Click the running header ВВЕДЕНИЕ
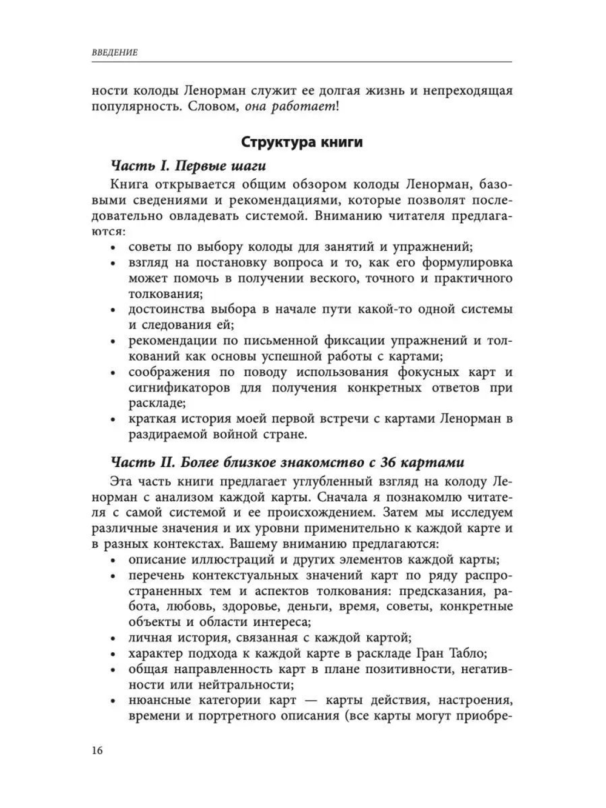tap(115, 53)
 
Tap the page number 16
tap(98, 750)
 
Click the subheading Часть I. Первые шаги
tap(188, 166)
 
